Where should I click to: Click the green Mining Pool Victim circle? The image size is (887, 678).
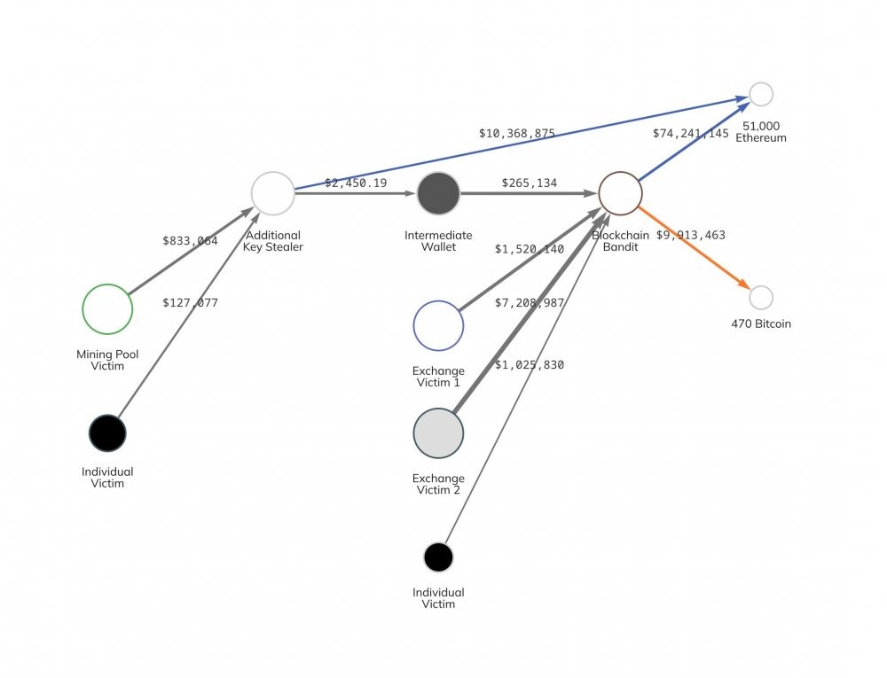pyautogui.click(x=107, y=309)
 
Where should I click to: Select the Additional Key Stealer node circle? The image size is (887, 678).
pyautogui.click(x=272, y=193)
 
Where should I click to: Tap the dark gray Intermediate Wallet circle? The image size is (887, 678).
pyautogui.click(x=438, y=193)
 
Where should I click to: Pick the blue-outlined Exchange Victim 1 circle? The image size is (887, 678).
pyautogui.click(x=438, y=325)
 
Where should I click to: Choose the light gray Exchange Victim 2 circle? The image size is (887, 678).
pyautogui.click(x=438, y=433)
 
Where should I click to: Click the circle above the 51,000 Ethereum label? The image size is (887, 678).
pyautogui.click(x=761, y=94)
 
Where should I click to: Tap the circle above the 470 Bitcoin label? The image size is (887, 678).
pyautogui.click(x=761, y=297)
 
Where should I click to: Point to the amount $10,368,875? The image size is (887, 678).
pyautogui.click(x=517, y=134)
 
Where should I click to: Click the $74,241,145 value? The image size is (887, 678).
pyautogui.click(x=690, y=134)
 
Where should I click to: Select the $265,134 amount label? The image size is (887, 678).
pyautogui.click(x=530, y=183)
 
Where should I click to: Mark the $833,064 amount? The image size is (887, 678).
pyautogui.click(x=190, y=240)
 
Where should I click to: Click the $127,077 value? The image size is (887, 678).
pyautogui.click(x=190, y=303)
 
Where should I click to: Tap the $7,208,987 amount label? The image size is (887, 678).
pyautogui.click(x=530, y=303)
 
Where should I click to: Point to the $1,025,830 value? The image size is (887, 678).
pyautogui.click(x=530, y=365)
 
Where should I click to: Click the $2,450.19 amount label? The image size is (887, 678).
pyautogui.click(x=356, y=183)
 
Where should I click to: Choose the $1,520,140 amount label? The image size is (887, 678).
pyautogui.click(x=530, y=249)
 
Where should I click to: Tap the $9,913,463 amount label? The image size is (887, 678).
pyautogui.click(x=690, y=236)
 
